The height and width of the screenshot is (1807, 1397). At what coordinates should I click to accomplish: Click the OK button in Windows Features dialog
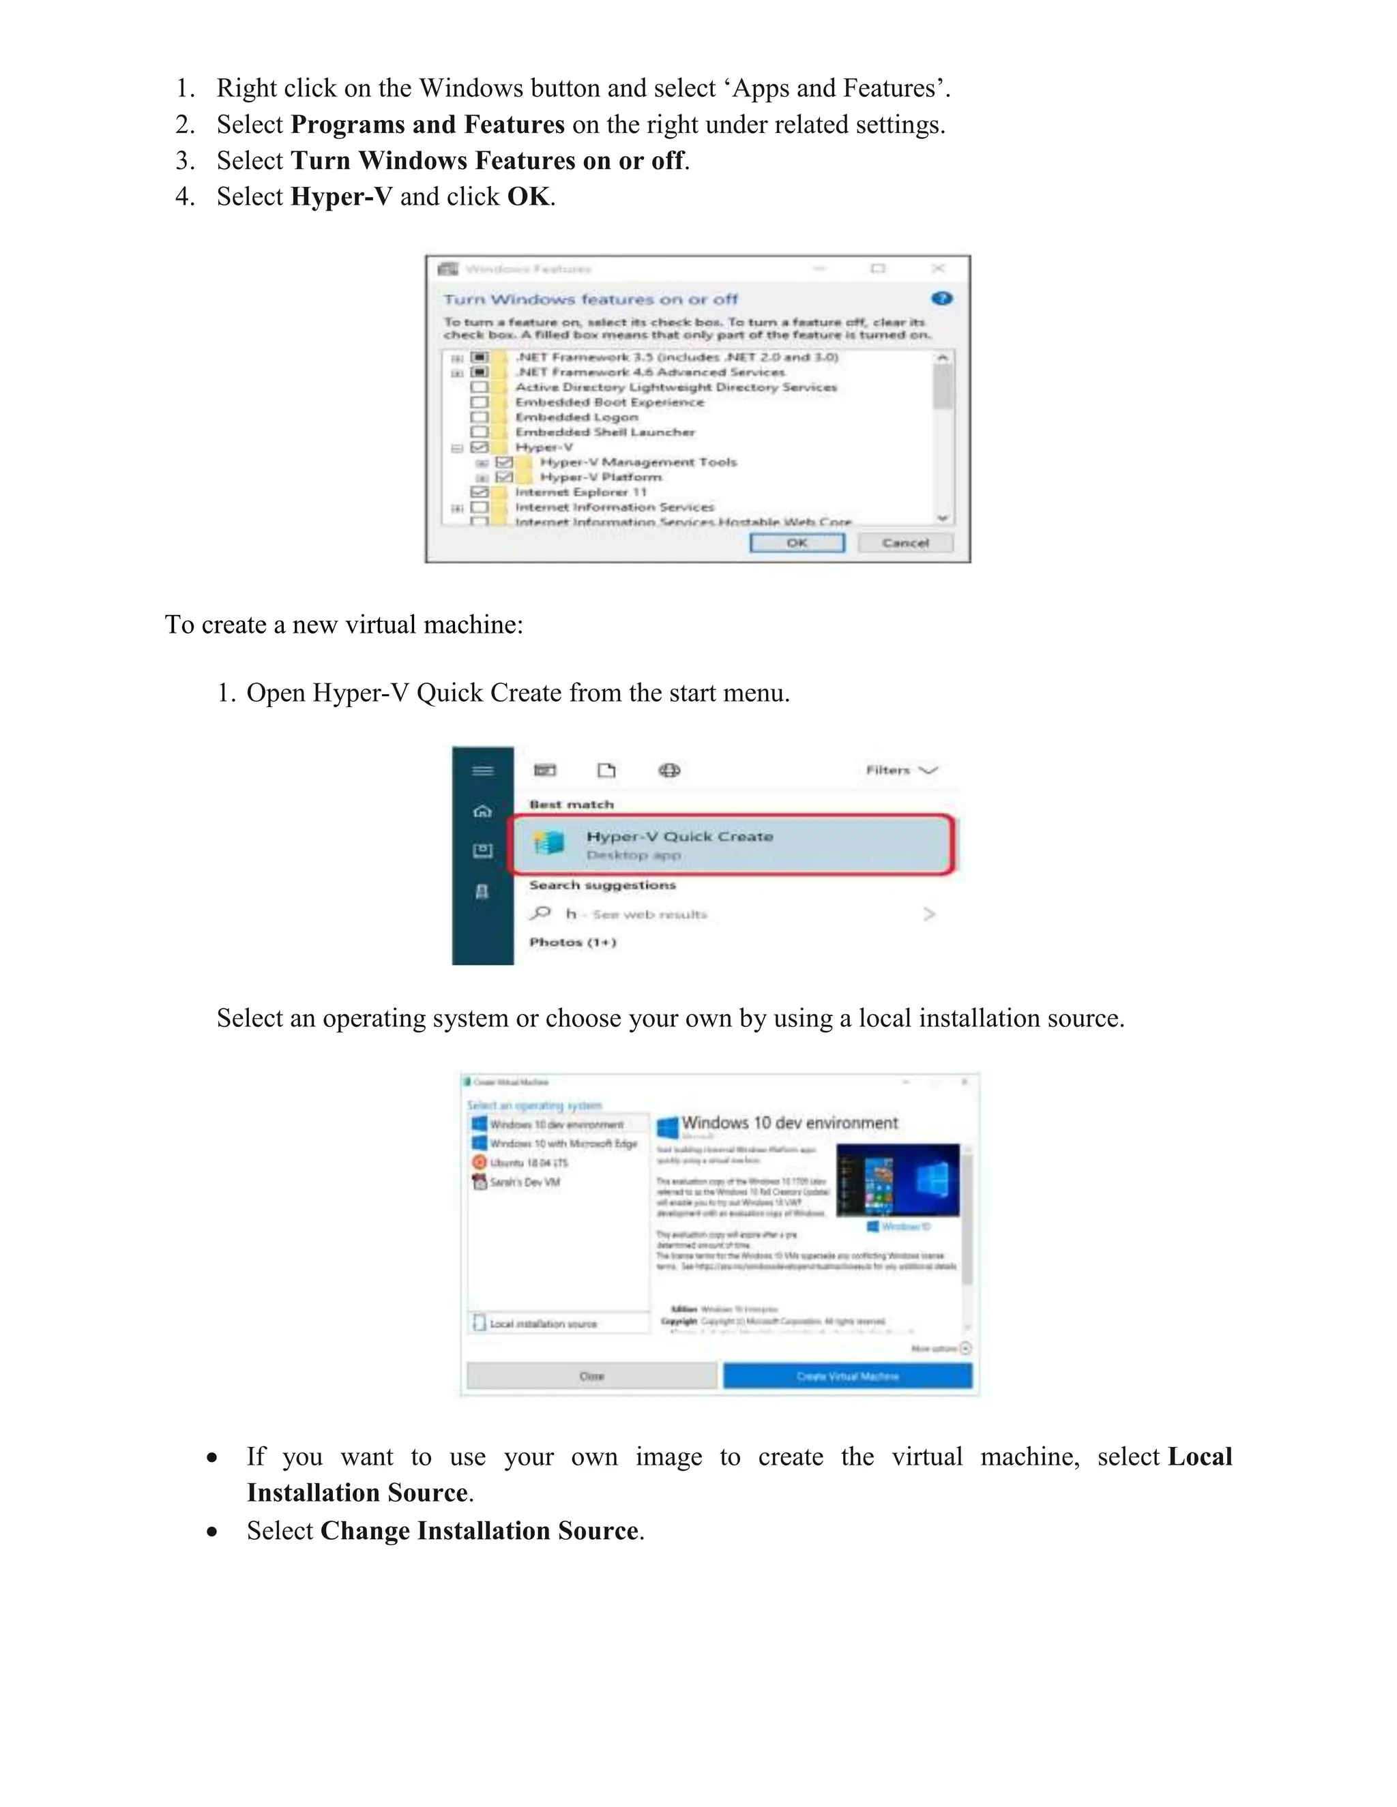point(796,543)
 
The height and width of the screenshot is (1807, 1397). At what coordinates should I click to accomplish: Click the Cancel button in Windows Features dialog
point(905,543)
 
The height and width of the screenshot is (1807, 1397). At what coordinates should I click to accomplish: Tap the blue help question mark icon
point(941,299)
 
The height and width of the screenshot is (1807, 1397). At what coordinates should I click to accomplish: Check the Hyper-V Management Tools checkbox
point(504,462)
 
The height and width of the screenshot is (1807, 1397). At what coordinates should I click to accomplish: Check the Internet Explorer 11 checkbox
point(479,492)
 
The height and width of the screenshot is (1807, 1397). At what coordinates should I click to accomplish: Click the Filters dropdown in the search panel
point(900,771)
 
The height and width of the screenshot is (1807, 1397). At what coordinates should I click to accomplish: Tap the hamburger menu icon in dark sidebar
point(482,771)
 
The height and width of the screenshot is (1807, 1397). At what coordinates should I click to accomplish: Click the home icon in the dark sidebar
point(482,811)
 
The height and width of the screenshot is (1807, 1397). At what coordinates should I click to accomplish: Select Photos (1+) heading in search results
point(573,942)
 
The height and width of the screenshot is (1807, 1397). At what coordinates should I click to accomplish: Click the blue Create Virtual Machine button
point(847,1376)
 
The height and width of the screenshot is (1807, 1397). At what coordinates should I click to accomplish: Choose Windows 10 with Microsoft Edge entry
point(563,1144)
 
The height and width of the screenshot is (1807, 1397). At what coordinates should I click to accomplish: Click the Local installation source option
point(542,1324)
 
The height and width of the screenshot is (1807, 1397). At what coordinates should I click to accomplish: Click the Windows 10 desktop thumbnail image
point(897,1180)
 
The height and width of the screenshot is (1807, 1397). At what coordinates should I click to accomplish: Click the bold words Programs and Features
point(427,124)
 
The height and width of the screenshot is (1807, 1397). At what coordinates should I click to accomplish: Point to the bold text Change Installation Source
point(479,1531)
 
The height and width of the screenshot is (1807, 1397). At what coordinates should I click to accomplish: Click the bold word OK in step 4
point(528,197)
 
